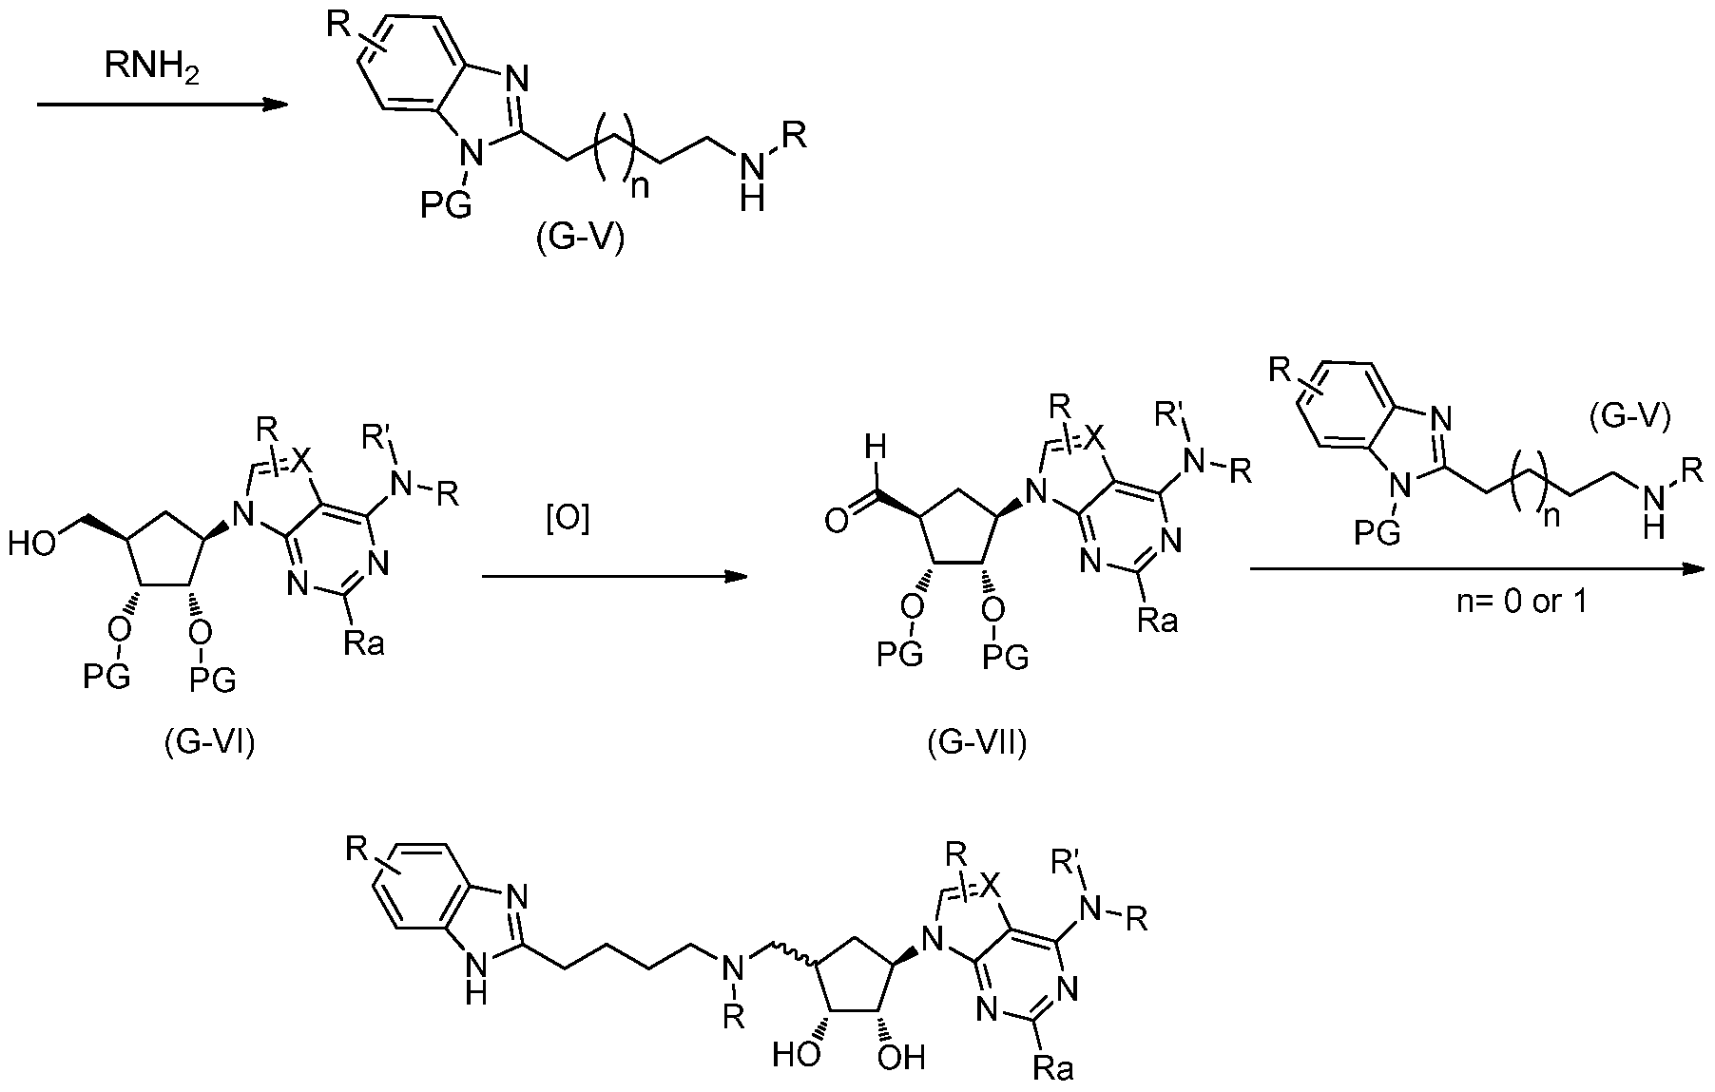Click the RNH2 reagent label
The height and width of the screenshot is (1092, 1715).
151,68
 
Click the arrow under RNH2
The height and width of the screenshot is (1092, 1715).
163,105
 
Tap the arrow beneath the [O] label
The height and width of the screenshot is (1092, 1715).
614,576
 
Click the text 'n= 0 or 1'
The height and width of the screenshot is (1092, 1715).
1522,602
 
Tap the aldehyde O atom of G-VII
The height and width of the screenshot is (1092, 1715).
837,521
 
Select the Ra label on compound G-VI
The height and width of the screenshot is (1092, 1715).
364,644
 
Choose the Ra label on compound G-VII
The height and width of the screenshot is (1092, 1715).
1158,621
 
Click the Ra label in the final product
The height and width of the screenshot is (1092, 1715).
1053,1069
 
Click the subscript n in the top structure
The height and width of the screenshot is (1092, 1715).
641,186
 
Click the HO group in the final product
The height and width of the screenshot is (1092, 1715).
797,1056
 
